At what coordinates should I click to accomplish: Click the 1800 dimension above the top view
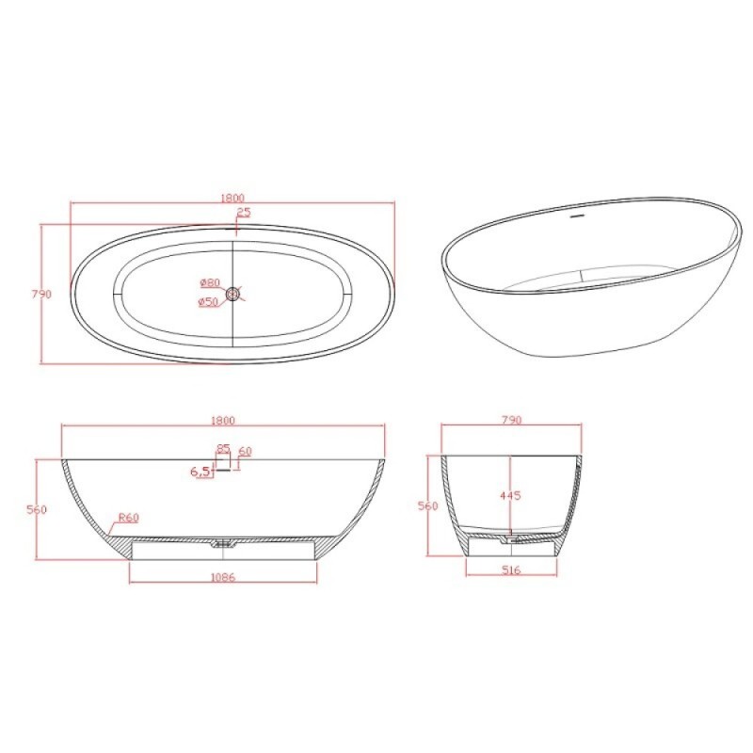232,198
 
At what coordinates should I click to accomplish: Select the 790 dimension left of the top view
41,294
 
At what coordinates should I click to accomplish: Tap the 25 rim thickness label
244,213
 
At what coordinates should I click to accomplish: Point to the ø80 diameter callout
210,282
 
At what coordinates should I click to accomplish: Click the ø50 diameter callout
208,302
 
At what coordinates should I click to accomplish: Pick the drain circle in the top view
233,293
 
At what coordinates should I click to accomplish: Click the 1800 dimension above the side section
223,421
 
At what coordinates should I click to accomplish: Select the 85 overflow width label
223,449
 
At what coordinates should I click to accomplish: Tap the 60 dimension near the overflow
245,452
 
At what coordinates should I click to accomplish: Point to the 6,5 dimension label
200,472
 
